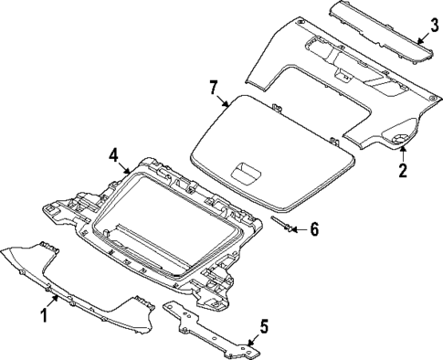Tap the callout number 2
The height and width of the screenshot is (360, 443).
point(402,168)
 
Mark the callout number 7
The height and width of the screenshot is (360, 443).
point(213,88)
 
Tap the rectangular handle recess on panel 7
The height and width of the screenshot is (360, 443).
point(244,169)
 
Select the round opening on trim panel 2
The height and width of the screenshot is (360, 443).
point(399,138)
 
